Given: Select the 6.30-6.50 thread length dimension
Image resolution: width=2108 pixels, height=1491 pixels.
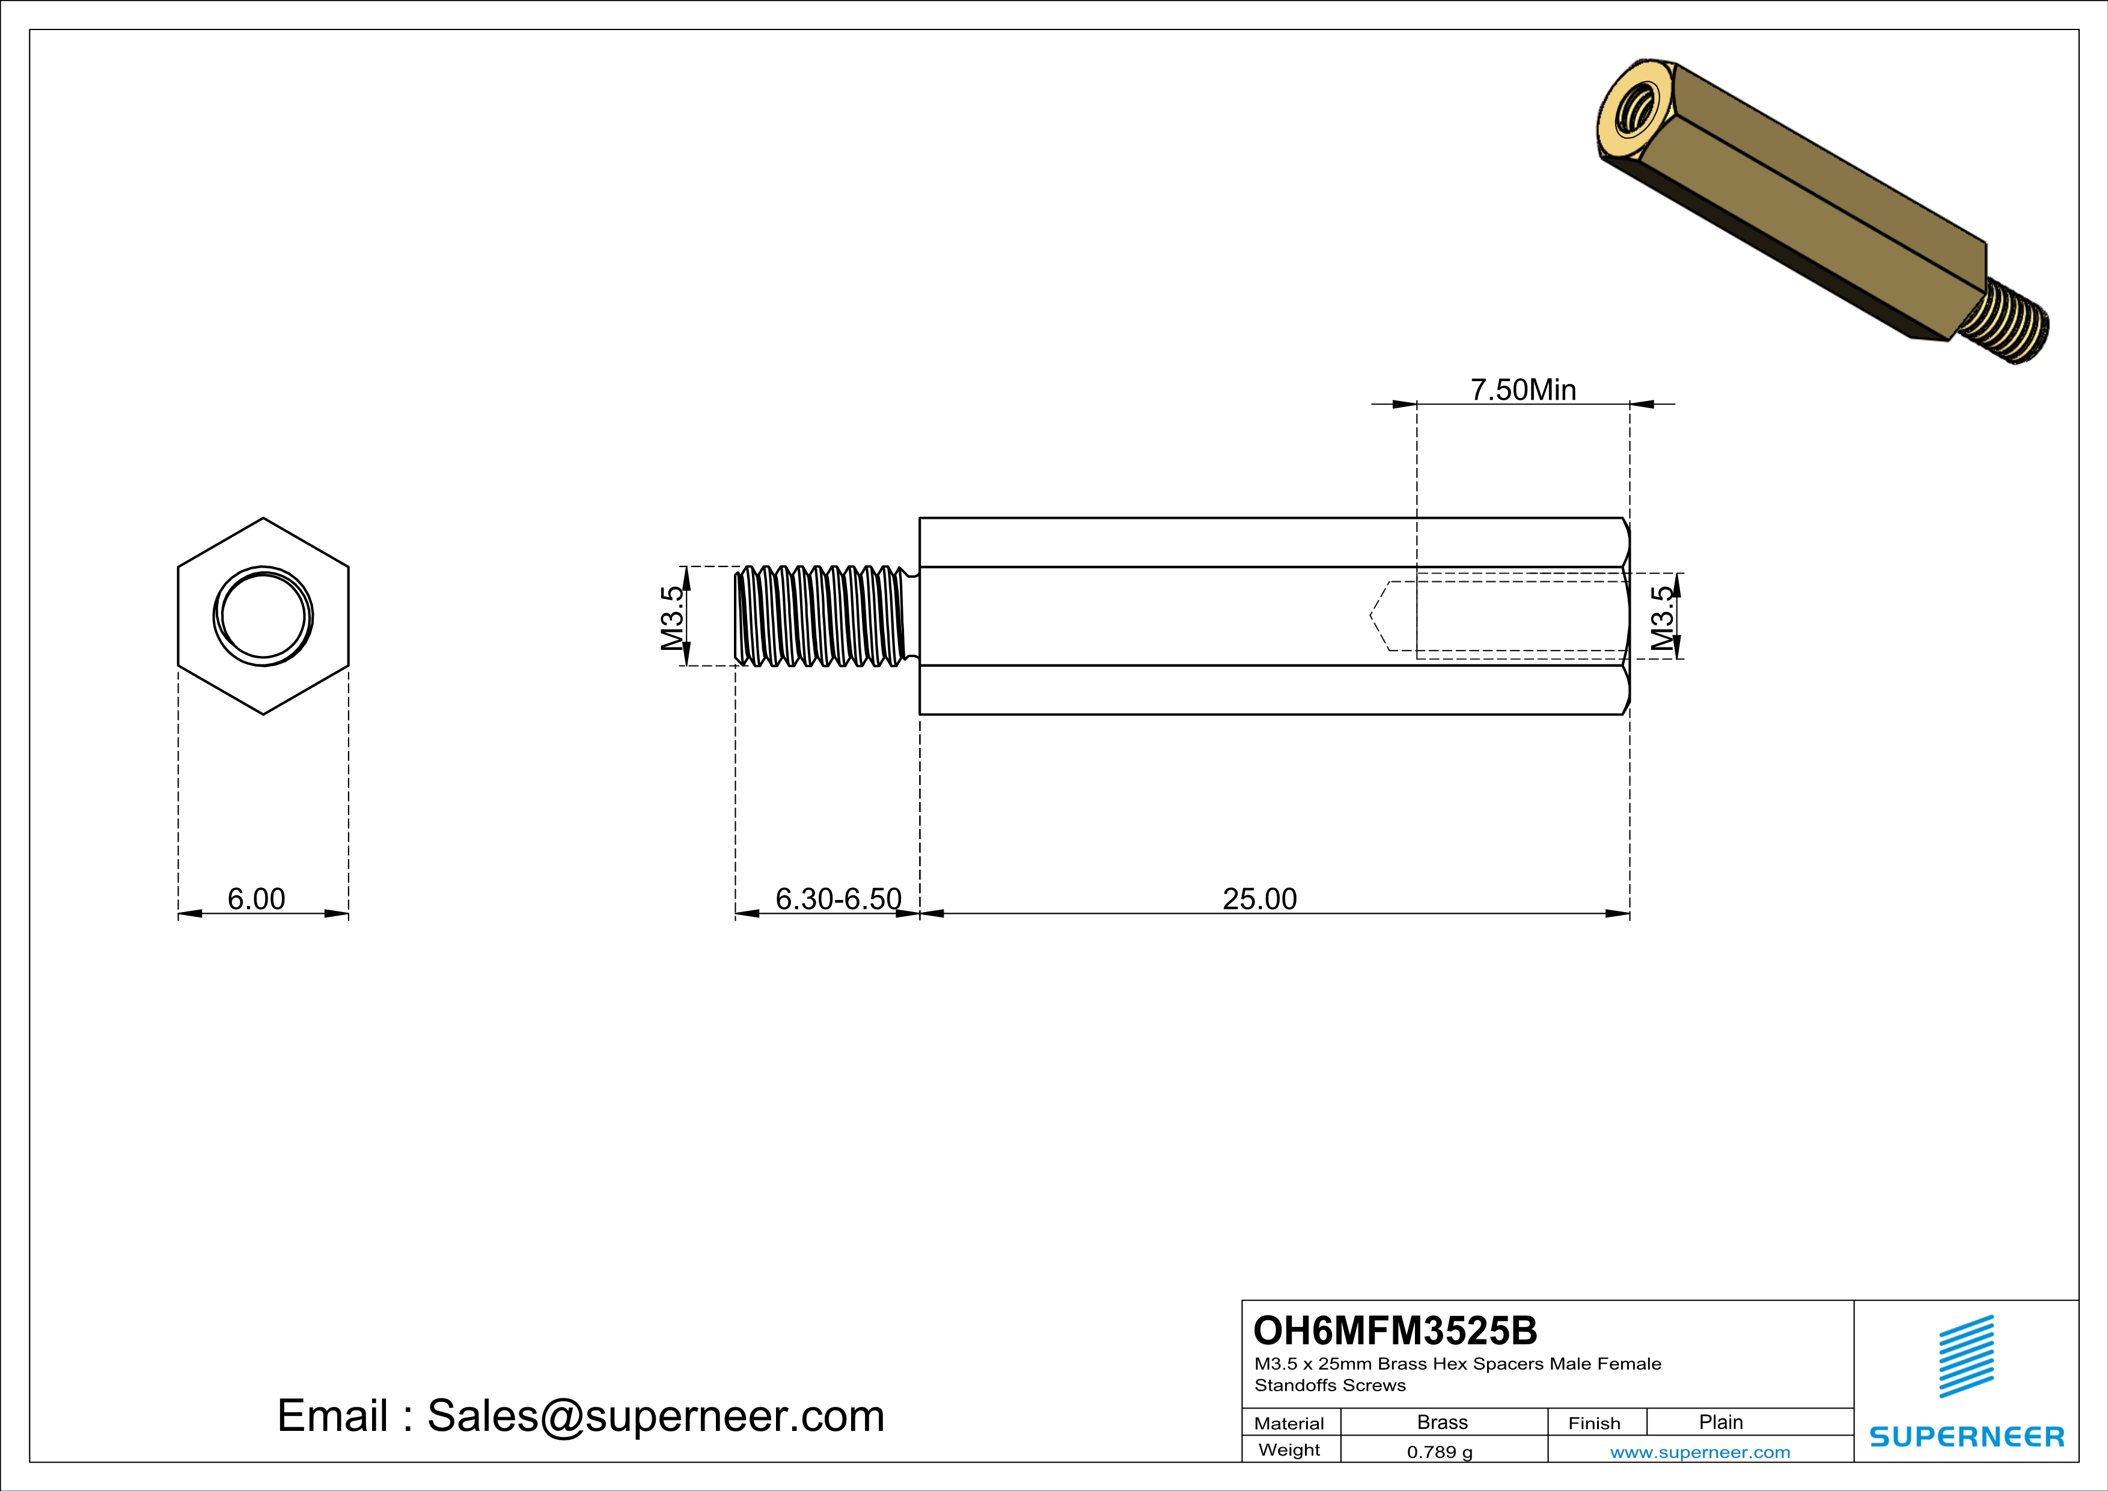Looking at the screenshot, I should click(837, 899).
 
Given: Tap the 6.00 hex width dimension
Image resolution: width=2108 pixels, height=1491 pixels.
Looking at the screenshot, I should click(256, 899).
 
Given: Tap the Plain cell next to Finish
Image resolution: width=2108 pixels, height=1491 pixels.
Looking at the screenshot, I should click(1720, 1422).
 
